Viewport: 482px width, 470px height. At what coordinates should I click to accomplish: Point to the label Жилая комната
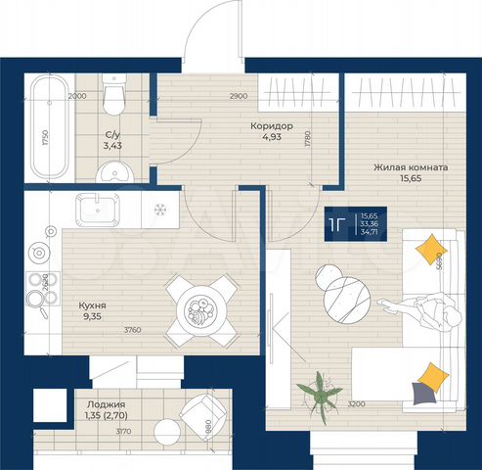pyautogui.click(x=411, y=167)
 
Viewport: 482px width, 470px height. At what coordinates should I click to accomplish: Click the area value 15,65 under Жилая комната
pyautogui.click(x=411, y=180)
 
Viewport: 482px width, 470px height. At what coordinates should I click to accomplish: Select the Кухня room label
pyautogui.click(x=93, y=305)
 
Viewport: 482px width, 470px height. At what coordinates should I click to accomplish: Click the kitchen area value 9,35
pyautogui.click(x=93, y=317)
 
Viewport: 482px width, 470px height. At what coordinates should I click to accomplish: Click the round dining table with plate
pyautogui.click(x=202, y=312)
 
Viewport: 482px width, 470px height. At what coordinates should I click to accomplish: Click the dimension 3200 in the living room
pyautogui.click(x=357, y=403)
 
